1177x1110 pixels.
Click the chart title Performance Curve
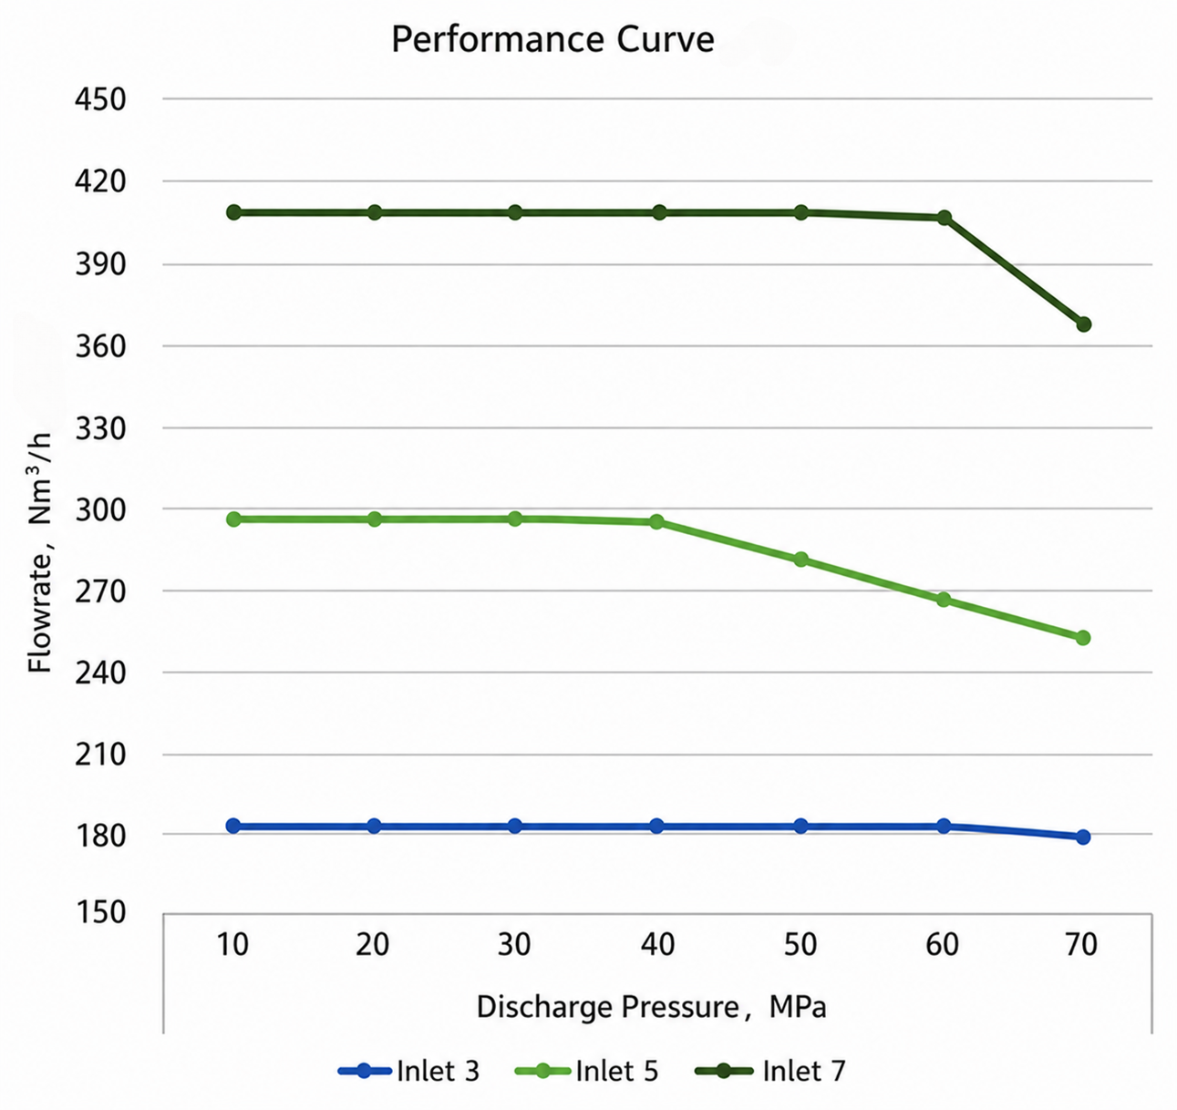tap(552, 40)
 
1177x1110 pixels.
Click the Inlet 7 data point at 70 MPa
tap(1084, 324)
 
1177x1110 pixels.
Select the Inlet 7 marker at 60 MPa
tap(945, 218)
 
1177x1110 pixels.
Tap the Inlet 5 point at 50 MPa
tap(800, 560)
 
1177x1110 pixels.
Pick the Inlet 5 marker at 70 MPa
tap(1083, 638)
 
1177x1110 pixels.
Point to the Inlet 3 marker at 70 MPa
tap(1083, 838)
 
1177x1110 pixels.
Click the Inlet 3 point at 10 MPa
tap(233, 827)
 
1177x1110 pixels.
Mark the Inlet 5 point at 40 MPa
tap(656, 522)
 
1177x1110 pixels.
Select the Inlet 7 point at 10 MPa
tap(233, 212)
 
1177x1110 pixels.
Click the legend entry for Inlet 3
tap(408, 1071)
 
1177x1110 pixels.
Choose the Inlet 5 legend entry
tap(587, 1071)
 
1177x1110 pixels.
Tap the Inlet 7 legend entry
tap(770, 1071)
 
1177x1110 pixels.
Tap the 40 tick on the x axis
tap(658, 945)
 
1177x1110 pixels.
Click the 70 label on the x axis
tap(1081, 945)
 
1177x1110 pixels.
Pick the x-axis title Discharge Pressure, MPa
tap(651, 1007)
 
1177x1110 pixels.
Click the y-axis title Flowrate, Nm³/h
tap(40, 553)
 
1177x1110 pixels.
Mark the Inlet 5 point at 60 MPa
tap(944, 600)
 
